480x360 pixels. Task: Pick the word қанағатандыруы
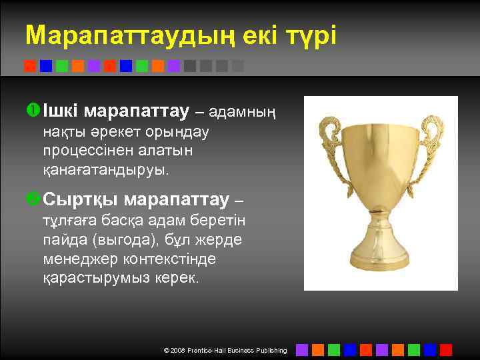point(106,169)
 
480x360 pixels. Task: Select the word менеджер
point(75,258)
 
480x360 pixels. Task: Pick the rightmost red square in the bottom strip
point(446,349)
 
